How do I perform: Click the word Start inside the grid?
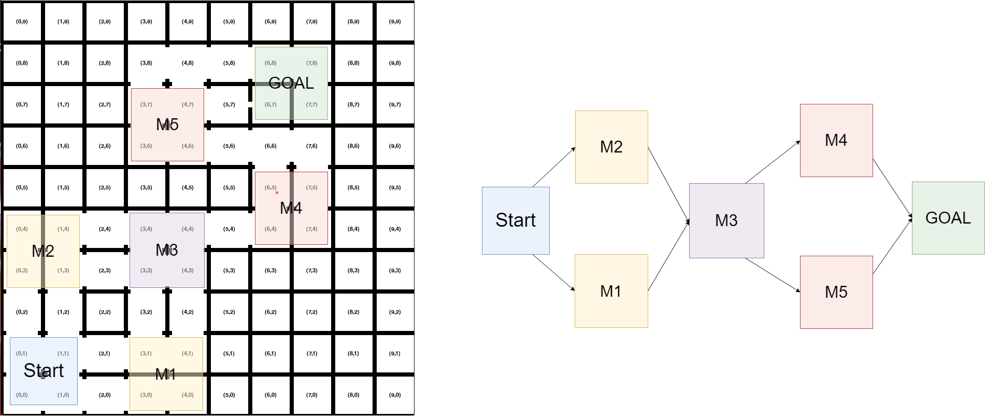tap(44, 370)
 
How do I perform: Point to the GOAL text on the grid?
tap(291, 83)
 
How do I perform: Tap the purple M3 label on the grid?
tap(167, 250)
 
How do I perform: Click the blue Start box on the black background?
tap(516, 220)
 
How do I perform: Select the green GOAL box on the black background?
tap(948, 218)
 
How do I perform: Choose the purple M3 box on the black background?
tap(726, 220)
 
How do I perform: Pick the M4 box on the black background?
tap(836, 141)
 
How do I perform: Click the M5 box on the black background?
tap(836, 292)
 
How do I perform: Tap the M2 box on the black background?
tap(611, 147)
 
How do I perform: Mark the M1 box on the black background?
tap(611, 291)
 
